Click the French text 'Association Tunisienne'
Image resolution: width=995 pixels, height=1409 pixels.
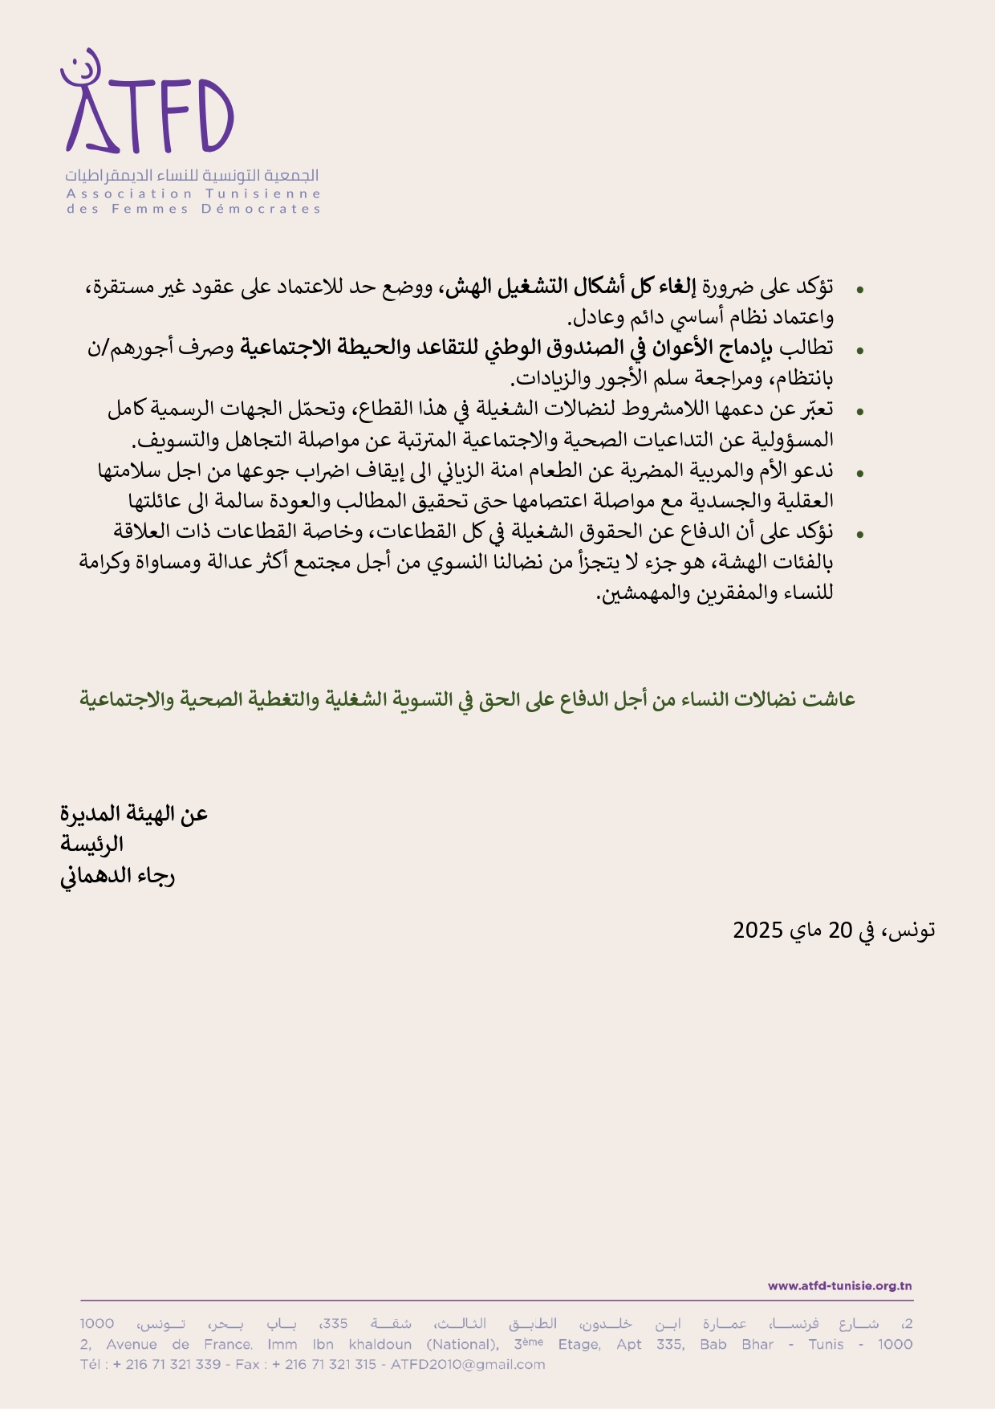tap(193, 193)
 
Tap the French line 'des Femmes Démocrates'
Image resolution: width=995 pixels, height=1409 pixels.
tap(193, 209)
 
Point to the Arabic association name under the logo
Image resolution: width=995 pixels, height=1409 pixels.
tap(193, 175)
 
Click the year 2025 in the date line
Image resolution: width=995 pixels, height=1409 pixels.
tap(757, 931)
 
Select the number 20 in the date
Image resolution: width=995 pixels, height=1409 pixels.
tap(839, 931)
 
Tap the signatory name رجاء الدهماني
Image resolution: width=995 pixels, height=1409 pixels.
tap(118, 875)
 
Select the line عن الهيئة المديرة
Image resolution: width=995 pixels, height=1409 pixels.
tap(134, 814)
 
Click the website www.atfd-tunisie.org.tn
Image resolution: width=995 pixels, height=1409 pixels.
tap(839, 1285)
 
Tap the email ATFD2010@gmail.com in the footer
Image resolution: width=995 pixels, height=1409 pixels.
tap(467, 1364)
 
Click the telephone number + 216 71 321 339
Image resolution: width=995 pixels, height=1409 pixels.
tap(167, 1364)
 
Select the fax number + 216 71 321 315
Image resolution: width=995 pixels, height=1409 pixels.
tap(324, 1364)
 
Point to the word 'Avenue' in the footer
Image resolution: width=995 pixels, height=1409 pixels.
tap(132, 1344)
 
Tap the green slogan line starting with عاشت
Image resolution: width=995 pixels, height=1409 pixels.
tap(467, 699)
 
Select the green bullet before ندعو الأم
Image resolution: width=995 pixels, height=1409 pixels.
tap(860, 474)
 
